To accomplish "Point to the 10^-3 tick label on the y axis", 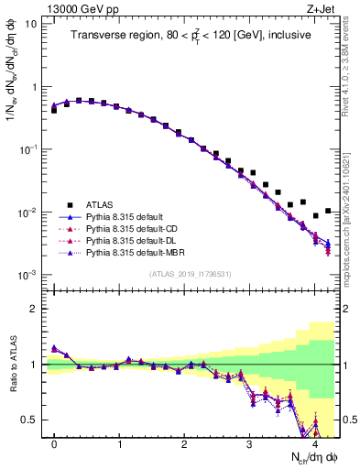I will [28, 275].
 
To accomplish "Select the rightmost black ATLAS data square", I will [328, 211].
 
